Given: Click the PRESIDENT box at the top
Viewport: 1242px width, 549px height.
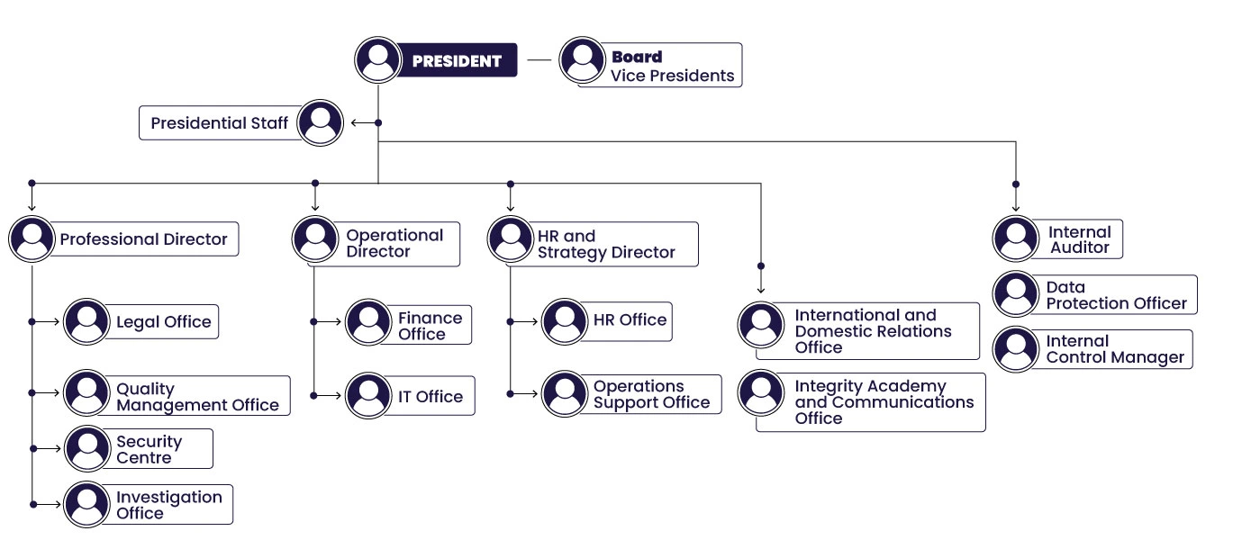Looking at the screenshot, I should pos(456,61).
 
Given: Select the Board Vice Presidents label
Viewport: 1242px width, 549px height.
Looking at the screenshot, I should pos(672,67).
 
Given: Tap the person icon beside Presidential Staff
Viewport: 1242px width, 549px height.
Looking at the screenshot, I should pos(320,122).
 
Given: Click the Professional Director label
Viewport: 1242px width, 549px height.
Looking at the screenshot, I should pos(143,239).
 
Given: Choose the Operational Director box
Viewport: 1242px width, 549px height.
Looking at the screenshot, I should pos(394,244).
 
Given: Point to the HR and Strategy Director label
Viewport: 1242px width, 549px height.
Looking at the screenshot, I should pos(606,244).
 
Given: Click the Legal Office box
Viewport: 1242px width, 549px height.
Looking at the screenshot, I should pos(163,322).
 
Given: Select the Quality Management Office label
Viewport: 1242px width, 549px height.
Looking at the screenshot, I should pos(197,397).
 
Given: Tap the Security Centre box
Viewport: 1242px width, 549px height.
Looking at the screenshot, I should pos(150,449).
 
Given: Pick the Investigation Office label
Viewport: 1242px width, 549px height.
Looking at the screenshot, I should pos(168,505).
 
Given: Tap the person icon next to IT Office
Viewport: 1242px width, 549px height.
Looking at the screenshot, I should pos(368,396).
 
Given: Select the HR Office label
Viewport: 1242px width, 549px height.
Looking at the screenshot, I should pos(630,320).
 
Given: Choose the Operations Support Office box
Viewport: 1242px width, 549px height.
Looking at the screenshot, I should pos(651,395).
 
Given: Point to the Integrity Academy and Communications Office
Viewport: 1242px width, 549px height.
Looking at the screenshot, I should pos(883,402).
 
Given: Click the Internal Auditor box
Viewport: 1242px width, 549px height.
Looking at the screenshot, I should pos(1078,239).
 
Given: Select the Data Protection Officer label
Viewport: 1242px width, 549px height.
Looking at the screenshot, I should pos(1116,296).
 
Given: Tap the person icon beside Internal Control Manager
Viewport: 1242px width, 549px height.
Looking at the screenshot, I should pos(1016,349).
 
